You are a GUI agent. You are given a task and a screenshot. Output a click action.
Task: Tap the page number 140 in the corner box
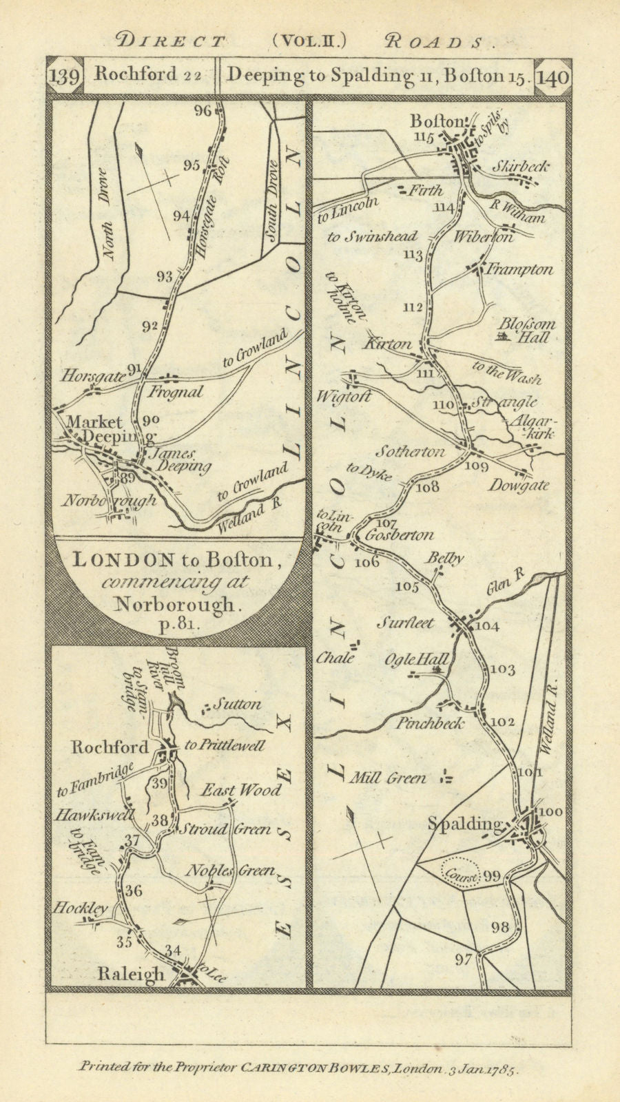click(x=552, y=76)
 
